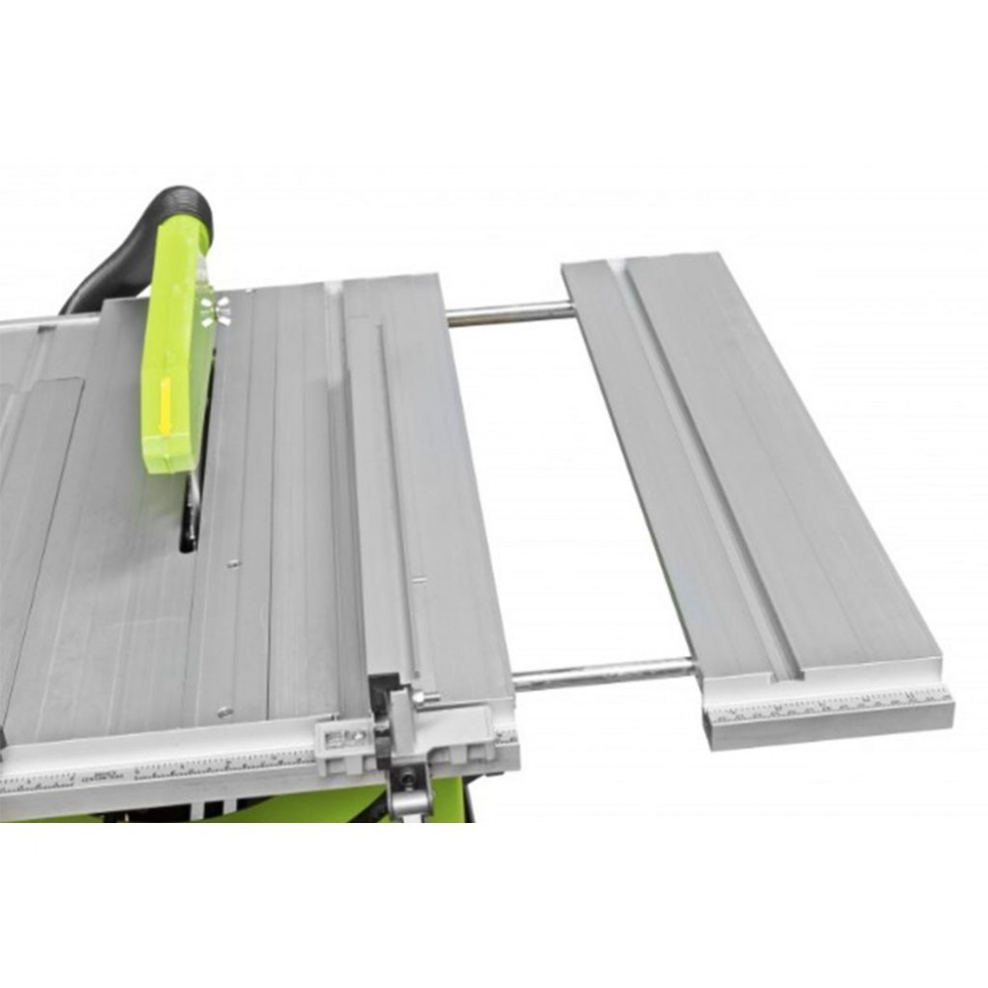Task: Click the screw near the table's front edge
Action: (x=224, y=709)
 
